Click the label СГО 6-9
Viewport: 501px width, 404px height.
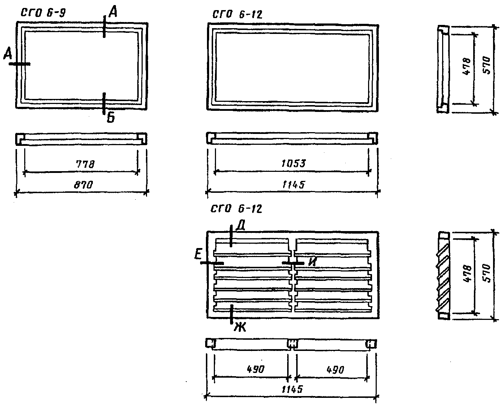pyautogui.click(x=43, y=13)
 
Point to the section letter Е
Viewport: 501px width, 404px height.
pyautogui.click(x=198, y=255)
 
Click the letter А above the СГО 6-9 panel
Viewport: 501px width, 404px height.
pyautogui.click(x=113, y=13)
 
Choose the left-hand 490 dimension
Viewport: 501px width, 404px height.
pyautogui.click(x=256, y=369)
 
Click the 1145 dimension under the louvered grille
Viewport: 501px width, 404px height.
pyautogui.click(x=292, y=390)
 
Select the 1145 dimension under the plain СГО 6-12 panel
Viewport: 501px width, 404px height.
pyautogui.click(x=293, y=185)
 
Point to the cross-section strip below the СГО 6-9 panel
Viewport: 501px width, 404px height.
pyautogui.click(x=81, y=139)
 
